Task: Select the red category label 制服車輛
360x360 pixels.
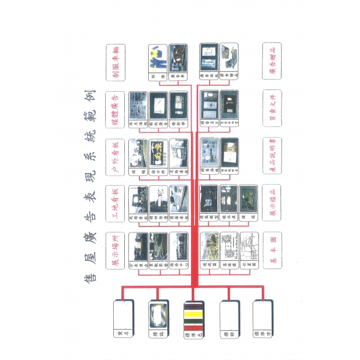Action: (115, 57)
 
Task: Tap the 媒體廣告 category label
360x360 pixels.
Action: (115, 105)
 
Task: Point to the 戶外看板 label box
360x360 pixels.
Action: (115, 153)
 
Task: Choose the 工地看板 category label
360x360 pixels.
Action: (115, 200)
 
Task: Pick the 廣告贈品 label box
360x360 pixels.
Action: (271, 57)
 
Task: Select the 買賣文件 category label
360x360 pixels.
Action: (271, 105)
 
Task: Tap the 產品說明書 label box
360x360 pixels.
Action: (271, 153)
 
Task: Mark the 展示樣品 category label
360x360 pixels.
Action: (271, 200)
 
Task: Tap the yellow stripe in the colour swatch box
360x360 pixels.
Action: (192, 315)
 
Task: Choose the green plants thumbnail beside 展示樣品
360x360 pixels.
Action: (248, 198)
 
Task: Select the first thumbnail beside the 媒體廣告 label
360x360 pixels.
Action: (138, 104)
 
